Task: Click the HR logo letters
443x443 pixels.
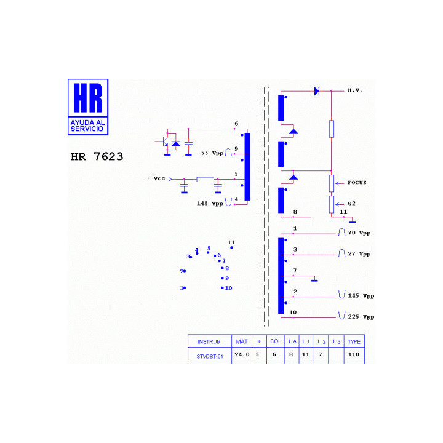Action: pyautogui.click(x=88, y=98)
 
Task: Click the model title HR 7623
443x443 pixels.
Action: pyautogui.click(x=97, y=156)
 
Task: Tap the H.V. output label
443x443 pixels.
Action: pyautogui.click(x=354, y=90)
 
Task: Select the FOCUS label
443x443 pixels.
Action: pyautogui.click(x=357, y=183)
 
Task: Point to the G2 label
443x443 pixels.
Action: pyautogui.click(x=351, y=204)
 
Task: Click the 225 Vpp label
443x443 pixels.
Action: pyautogui.click(x=361, y=317)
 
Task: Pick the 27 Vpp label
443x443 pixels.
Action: pyautogui.click(x=359, y=254)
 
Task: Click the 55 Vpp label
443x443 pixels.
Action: pyautogui.click(x=212, y=153)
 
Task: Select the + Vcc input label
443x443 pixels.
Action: pyautogui.click(x=156, y=178)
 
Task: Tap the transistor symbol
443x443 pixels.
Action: pyautogui.click(x=164, y=142)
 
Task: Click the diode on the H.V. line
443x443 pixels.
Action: pyautogui.click(x=317, y=91)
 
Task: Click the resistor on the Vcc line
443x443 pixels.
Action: pyautogui.click(x=205, y=180)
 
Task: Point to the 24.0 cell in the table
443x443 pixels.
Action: pyautogui.click(x=242, y=354)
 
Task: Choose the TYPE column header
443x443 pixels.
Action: pyautogui.click(x=354, y=342)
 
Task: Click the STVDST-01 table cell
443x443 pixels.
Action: pyautogui.click(x=210, y=356)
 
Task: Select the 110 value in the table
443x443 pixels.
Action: pyautogui.click(x=353, y=354)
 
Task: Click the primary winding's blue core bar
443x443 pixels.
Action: pyautogui.click(x=247, y=167)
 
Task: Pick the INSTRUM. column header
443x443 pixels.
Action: pyautogui.click(x=210, y=342)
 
